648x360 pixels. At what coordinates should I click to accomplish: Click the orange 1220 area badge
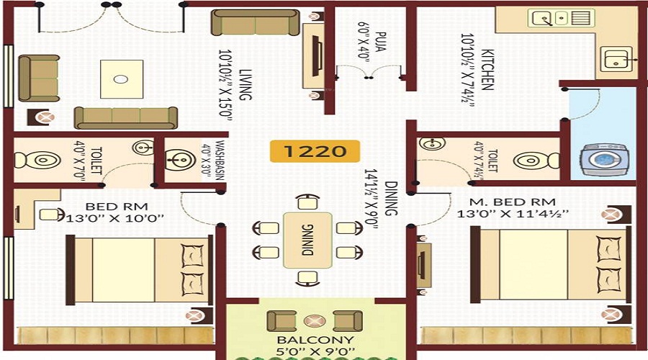(x=314, y=151)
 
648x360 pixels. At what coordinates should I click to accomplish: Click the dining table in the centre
(x=307, y=240)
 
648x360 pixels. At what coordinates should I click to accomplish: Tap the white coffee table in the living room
(x=121, y=78)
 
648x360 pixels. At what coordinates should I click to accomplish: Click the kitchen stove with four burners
(x=560, y=18)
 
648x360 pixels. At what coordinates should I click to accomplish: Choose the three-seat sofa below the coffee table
(x=126, y=116)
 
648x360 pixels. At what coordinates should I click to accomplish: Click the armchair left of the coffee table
(x=40, y=78)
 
